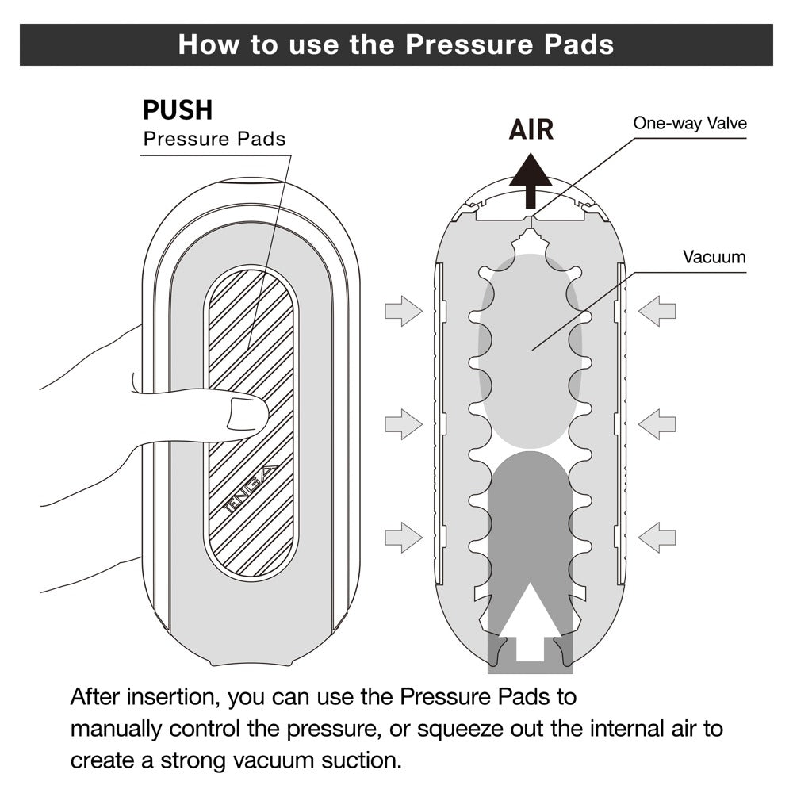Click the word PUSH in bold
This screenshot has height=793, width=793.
point(178,110)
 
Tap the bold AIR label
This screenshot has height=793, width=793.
point(531,128)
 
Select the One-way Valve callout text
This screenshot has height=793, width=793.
point(689,123)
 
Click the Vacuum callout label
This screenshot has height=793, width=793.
point(714,257)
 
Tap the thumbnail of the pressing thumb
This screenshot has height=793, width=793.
point(248,414)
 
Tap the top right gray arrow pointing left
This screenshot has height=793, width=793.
point(657,310)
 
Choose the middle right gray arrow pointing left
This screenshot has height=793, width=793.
point(657,423)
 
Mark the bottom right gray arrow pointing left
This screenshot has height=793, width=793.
point(657,537)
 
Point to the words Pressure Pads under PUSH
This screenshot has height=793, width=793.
point(214,140)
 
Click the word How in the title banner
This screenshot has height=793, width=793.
point(206,44)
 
